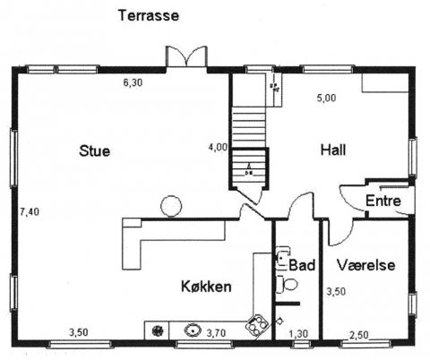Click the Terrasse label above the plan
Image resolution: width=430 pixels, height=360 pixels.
click(149, 15)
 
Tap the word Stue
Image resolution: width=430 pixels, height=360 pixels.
click(93, 150)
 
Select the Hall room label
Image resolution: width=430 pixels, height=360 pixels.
click(333, 150)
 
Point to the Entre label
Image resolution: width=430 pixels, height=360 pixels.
click(383, 201)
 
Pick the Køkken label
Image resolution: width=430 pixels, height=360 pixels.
click(207, 287)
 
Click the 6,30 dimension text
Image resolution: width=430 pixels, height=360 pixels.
click(133, 82)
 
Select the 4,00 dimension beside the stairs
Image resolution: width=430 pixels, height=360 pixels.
click(218, 146)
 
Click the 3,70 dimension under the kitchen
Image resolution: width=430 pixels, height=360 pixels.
click(217, 333)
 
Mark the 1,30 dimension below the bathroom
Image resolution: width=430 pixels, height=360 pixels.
click(298, 334)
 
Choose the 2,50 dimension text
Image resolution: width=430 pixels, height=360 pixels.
click(358, 334)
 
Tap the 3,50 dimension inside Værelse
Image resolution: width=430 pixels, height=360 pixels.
click(335, 291)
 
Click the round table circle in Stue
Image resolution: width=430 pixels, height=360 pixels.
click(171, 206)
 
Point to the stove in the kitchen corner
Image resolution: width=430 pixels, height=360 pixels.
click(257, 325)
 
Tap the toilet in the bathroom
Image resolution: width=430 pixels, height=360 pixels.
click(288, 283)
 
